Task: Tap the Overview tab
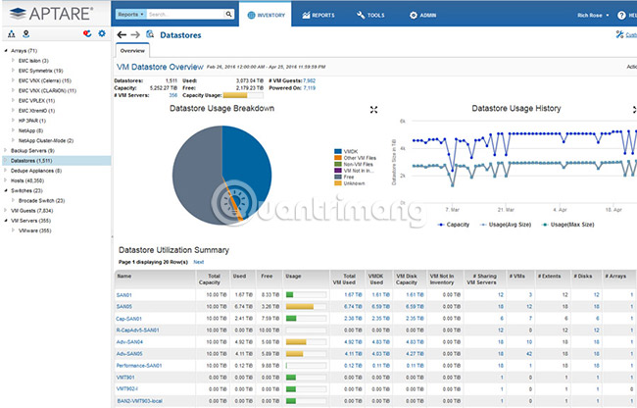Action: coord(132,50)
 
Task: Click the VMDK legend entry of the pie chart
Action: coord(350,152)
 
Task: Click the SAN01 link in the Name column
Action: coord(125,293)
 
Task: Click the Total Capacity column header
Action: coord(220,279)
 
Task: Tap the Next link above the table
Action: coord(199,262)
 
